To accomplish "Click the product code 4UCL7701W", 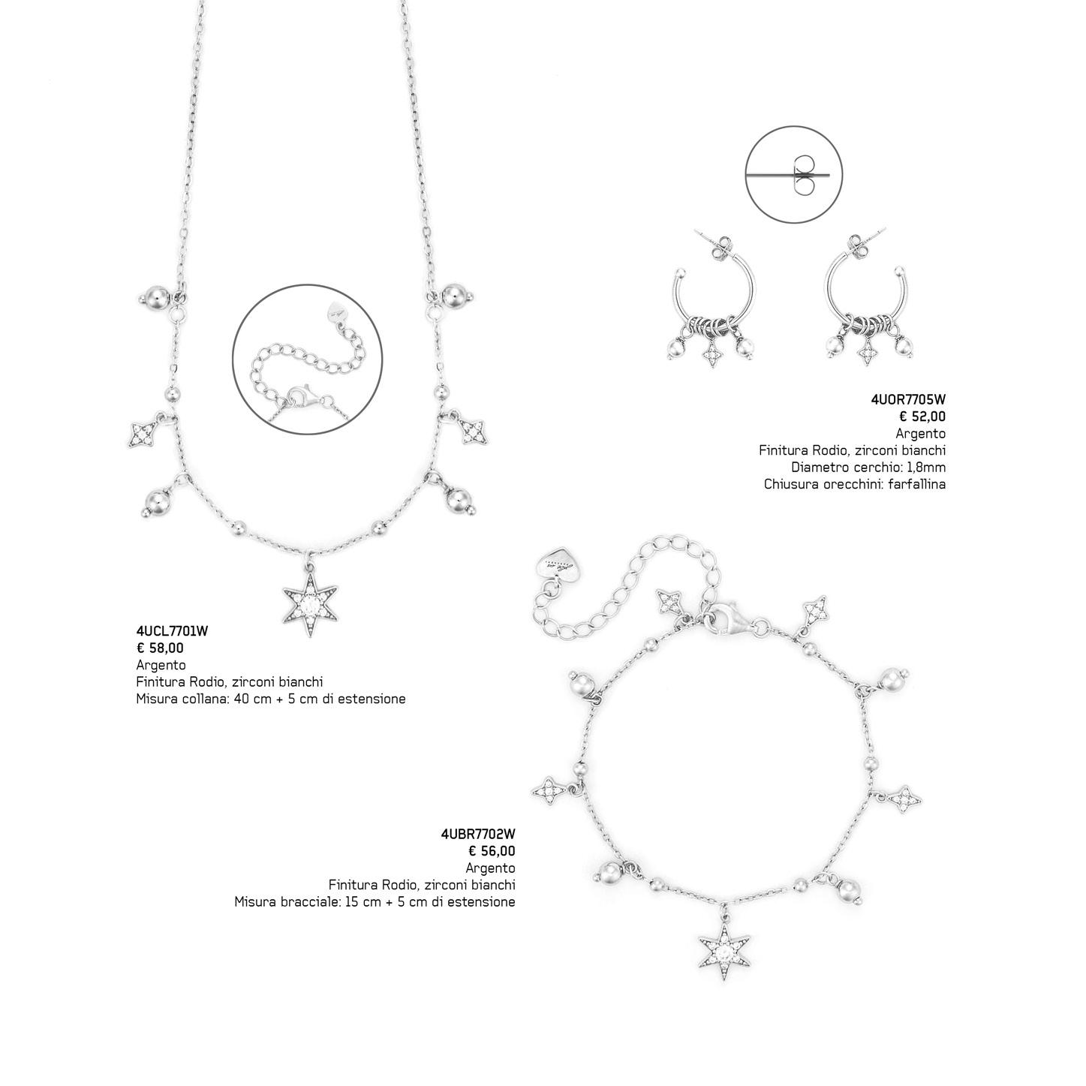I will point(172,631).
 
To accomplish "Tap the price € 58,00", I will point(160,648).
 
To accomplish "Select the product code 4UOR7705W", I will point(909,401).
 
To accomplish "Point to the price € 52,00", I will point(922,417).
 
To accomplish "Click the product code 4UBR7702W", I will point(478,834).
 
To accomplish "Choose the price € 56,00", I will point(492,851).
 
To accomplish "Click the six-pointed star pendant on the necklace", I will point(308,605).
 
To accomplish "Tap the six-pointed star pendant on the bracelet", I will point(724,952).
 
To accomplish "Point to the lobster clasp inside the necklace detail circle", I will point(298,395).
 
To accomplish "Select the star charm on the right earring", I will point(869,352).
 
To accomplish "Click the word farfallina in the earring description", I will point(917,484).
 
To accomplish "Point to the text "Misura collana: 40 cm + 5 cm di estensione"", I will point(271,699).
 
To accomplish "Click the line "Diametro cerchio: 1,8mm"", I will point(868,468).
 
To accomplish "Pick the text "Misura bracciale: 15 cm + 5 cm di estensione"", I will point(375,902).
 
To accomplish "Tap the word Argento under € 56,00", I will point(490,868).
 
